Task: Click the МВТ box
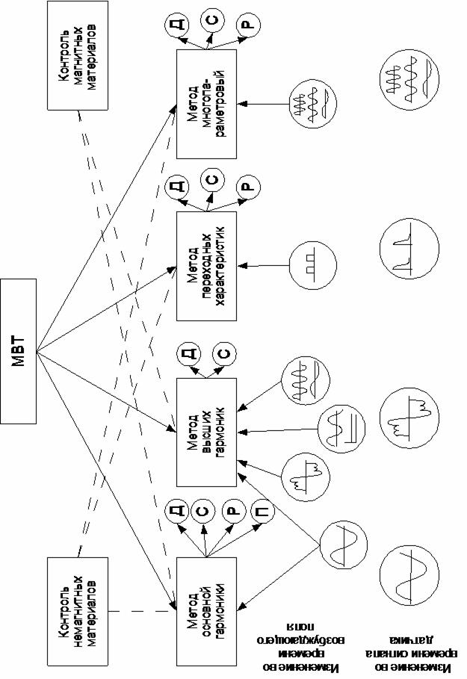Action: [18, 350]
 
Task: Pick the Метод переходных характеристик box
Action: [205, 266]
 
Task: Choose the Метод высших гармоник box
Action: [205, 432]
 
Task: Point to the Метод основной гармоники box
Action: [205, 610]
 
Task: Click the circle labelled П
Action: [260, 512]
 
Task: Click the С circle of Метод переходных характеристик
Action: [211, 180]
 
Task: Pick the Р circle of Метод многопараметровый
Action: [247, 25]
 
